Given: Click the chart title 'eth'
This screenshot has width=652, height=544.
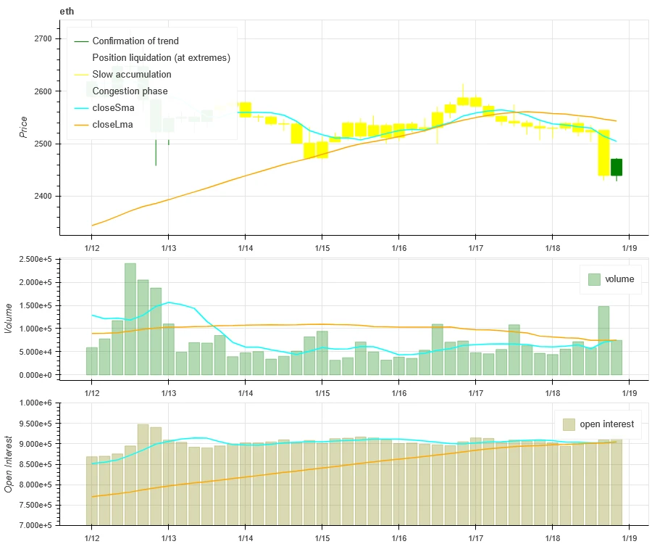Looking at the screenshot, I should (67, 12).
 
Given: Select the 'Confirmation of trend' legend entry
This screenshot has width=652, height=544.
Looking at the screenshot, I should (135, 41).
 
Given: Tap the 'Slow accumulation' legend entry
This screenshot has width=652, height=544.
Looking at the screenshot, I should (131, 75).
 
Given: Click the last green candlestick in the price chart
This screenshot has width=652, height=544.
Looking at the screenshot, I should (616, 168).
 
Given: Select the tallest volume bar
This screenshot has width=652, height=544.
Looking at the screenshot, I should (130, 319).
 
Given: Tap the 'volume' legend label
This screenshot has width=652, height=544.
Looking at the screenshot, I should (619, 279).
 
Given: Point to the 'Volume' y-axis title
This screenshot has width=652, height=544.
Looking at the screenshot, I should (10, 318).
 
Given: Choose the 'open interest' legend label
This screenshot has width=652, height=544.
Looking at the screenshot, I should (607, 424).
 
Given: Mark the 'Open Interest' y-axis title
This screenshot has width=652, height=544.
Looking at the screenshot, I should (10, 463).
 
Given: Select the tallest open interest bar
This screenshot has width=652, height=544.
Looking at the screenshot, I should (143, 474).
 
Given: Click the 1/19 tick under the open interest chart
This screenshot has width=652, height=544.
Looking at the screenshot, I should (628, 537).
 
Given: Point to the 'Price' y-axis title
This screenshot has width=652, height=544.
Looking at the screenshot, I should (25, 128).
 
